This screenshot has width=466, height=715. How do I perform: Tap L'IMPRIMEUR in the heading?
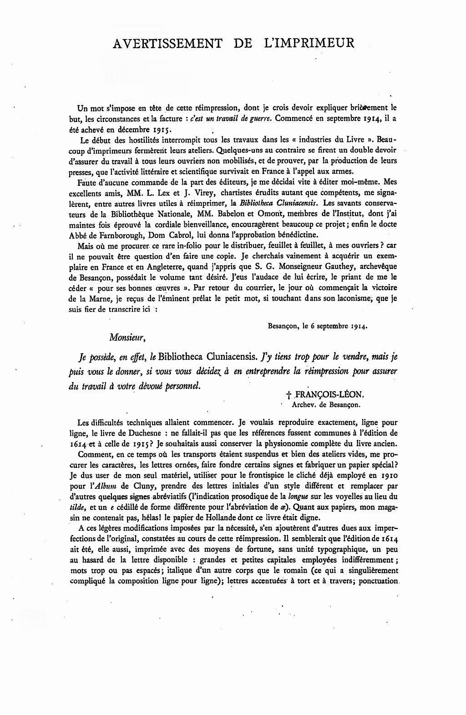308,43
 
